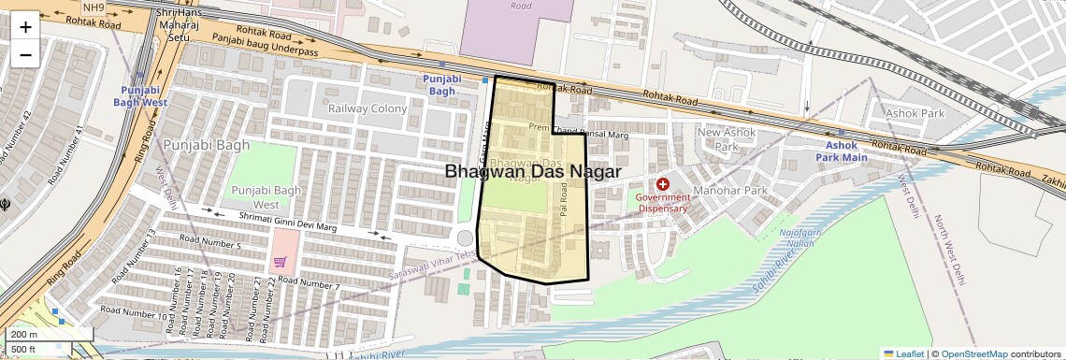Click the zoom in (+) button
click(25, 26)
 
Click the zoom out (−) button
click(25, 54)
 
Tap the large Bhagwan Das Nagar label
click(533, 171)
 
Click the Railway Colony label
click(367, 108)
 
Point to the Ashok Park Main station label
click(846, 151)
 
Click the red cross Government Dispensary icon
click(663, 185)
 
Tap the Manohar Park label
click(736, 191)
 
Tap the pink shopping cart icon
click(280, 263)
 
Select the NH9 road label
click(94, 7)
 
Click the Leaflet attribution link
click(903, 353)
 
